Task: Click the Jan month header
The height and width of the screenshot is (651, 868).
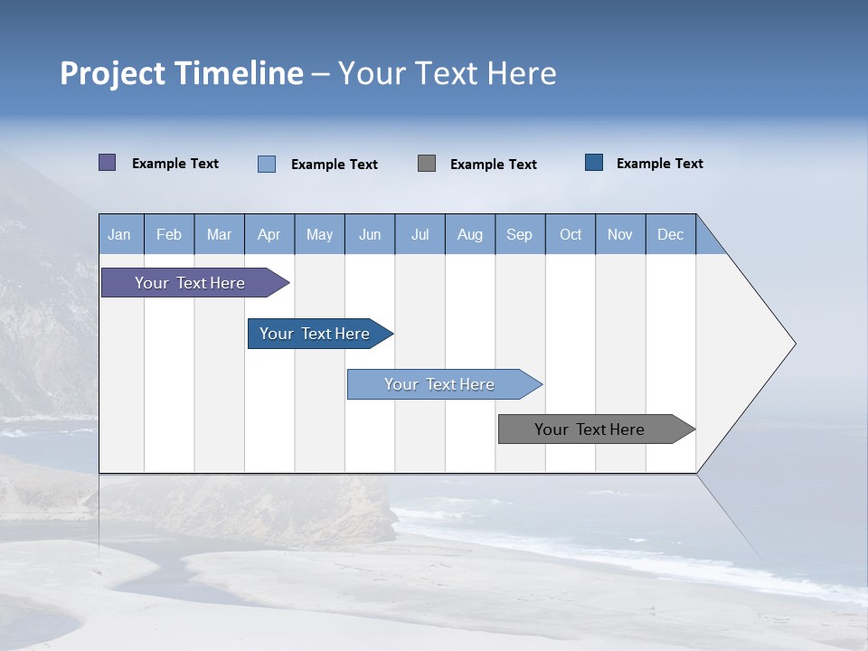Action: [x=120, y=234]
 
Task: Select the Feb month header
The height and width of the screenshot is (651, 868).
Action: [x=169, y=234]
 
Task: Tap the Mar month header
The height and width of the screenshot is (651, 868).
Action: [x=219, y=234]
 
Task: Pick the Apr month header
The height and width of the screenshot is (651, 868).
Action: [x=269, y=234]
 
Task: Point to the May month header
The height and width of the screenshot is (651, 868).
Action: [x=319, y=234]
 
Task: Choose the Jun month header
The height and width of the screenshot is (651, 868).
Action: [x=370, y=234]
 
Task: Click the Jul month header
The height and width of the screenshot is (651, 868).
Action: [x=420, y=234]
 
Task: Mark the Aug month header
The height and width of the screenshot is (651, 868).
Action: [x=470, y=234]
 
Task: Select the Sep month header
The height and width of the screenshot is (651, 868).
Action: [x=520, y=234]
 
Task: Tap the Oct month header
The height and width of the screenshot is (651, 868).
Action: [x=571, y=234]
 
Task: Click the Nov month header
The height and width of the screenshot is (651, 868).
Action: [x=620, y=234]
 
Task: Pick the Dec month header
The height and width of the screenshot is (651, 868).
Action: [x=671, y=234]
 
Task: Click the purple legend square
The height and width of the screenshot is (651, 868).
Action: [x=108, y=163]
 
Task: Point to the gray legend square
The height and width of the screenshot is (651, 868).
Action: [x=427, y=164]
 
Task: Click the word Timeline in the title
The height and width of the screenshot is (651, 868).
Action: [x=239, y=73]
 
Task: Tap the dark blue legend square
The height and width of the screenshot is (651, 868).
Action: [x=594, y=163]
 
